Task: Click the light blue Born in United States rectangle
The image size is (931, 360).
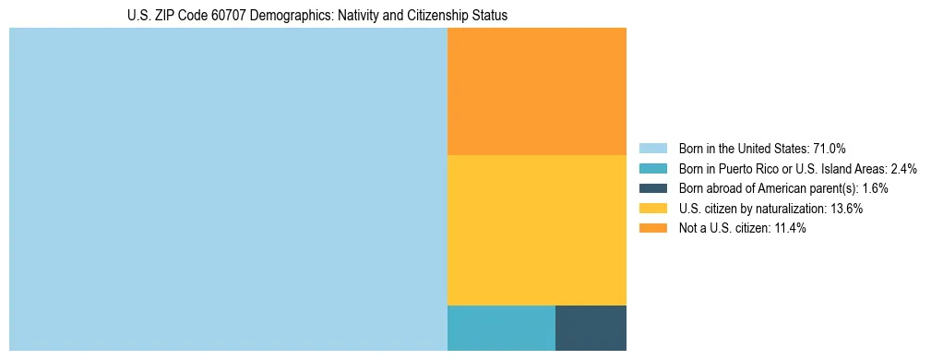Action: coord(228,189)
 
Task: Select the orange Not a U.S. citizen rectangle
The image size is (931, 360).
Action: coord(536,91)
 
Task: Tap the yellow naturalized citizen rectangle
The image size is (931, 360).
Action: coord(536,230)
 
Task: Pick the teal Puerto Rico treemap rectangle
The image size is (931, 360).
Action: coord(501,328)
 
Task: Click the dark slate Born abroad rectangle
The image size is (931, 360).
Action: coord(591,328)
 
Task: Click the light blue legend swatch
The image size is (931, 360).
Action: coord(652,149)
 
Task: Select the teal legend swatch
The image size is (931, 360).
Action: coord(652,169)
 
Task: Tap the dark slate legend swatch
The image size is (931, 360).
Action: coord(652,188)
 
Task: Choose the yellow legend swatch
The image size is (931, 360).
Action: coord(652,209)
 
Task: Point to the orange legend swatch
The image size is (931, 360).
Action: coord(652,228)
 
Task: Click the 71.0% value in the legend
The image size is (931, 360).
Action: coord(829,149)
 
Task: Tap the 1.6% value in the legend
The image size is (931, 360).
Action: coord(875,188)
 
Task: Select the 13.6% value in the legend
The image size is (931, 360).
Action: coord(846,209)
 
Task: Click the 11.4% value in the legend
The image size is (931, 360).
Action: coord(789,228)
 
